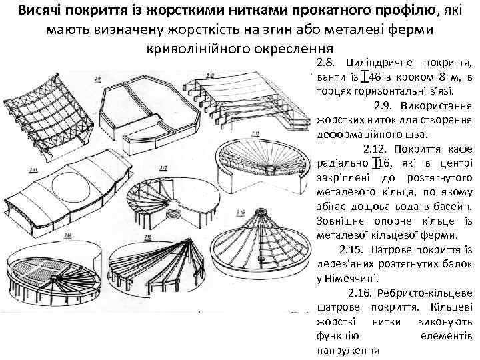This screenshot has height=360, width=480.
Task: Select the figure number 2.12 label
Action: tap(255, 133)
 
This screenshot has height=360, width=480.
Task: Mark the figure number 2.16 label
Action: tap(241, 212)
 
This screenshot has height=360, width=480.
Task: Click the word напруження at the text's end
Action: tap(347, 350)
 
